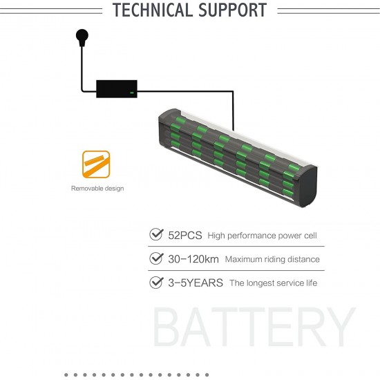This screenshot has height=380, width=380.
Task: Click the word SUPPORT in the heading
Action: pyautogui.click(x=233, y=10)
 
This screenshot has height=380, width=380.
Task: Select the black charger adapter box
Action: pyautogui.click(x=117, y=89)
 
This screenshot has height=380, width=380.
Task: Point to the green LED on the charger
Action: pyautogui.click(x=132, y=93)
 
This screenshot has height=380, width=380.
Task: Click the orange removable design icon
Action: pyautogui.click(x=96, y=164)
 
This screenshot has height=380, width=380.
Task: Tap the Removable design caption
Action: pyautogui.click(x=97, y=189)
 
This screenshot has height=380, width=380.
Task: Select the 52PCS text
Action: pyautogui.click(x=185, y=236)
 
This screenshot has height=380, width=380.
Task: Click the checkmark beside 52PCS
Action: pyautogui.click(x=156, y=234)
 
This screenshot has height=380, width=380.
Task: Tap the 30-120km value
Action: pyautogui.click(x=193, y=259)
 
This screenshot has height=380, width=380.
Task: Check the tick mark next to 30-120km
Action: pyautogui.click(x=156, y=258)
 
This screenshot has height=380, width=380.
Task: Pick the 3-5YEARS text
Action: pyautogui.click(x=196, y=283)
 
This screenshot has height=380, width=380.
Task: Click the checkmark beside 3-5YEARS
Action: pyautogui.click(x=156, y=283)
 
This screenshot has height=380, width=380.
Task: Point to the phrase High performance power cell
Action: pyautogui.click(x=263, y=236)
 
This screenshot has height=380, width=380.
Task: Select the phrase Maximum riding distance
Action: pyautogui.click(x=272, y=260)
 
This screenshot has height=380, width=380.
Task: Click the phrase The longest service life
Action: pyautogui.click(x=274, y=283)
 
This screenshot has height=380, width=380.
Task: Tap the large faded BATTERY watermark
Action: pyautogui.click(x=254, y=327)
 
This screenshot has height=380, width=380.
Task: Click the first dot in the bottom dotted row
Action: pyautogui.click(x=66, y=375)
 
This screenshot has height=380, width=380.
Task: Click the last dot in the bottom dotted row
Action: pyautogui.click(x=207, y=375)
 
